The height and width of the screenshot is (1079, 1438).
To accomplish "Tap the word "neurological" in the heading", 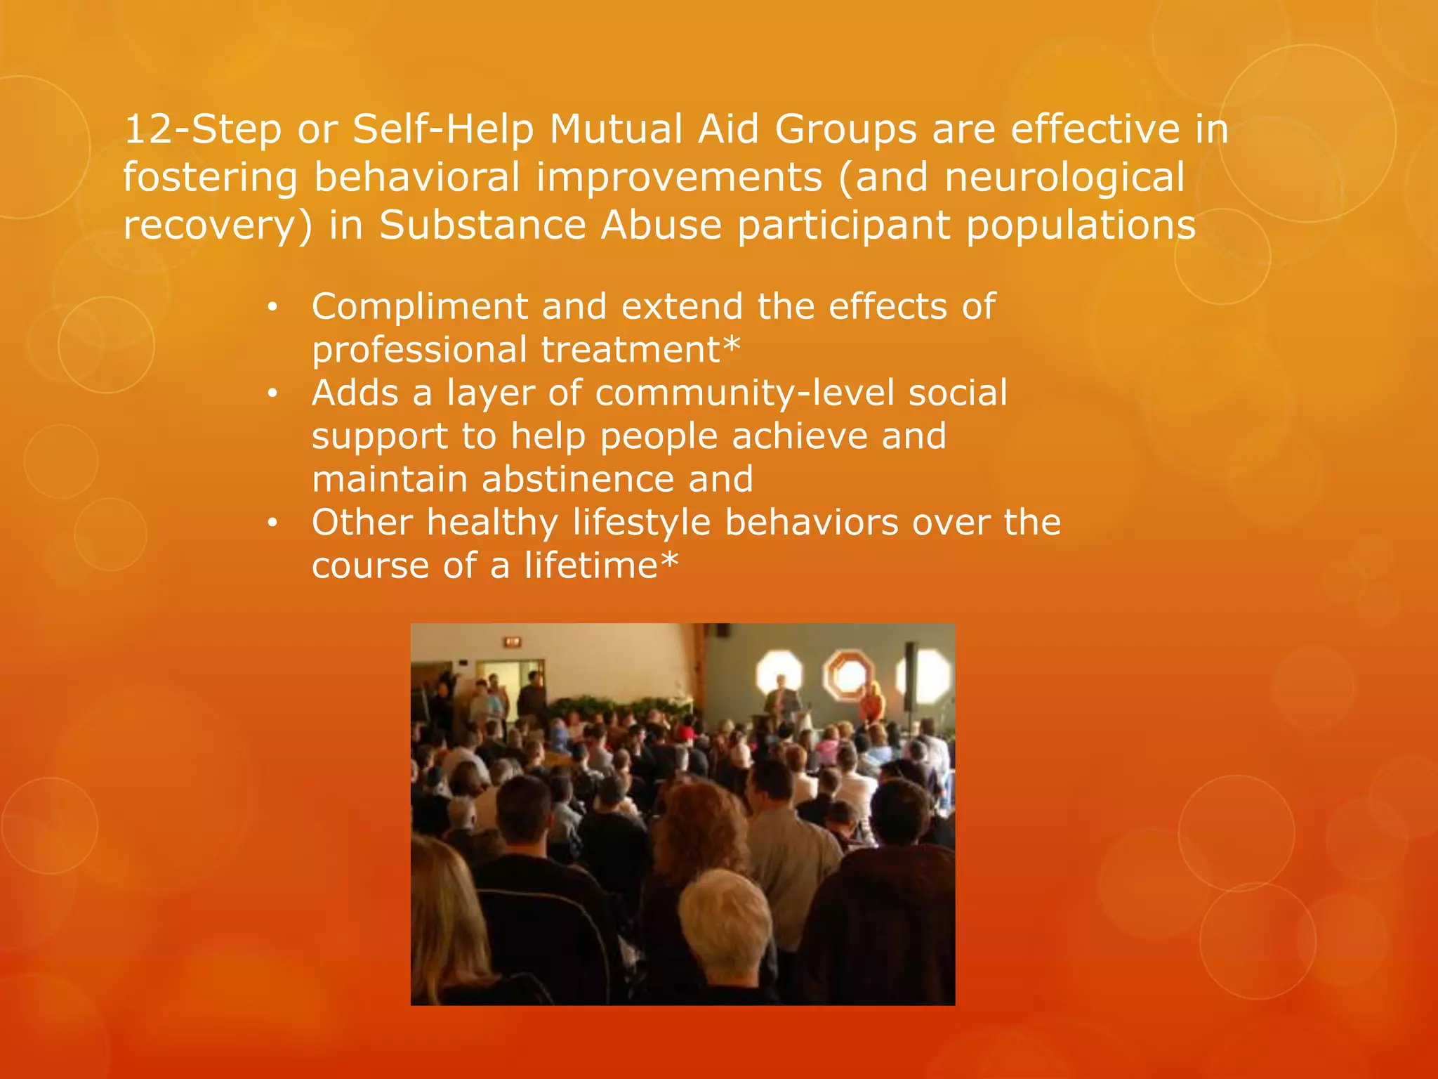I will [1064, 177].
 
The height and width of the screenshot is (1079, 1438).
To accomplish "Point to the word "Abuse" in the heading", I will [661, 225].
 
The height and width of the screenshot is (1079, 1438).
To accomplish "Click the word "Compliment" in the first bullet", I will [420, 307].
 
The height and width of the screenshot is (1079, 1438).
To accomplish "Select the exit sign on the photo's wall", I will [513, 641].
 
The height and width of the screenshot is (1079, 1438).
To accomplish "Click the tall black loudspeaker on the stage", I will [910, 674].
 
